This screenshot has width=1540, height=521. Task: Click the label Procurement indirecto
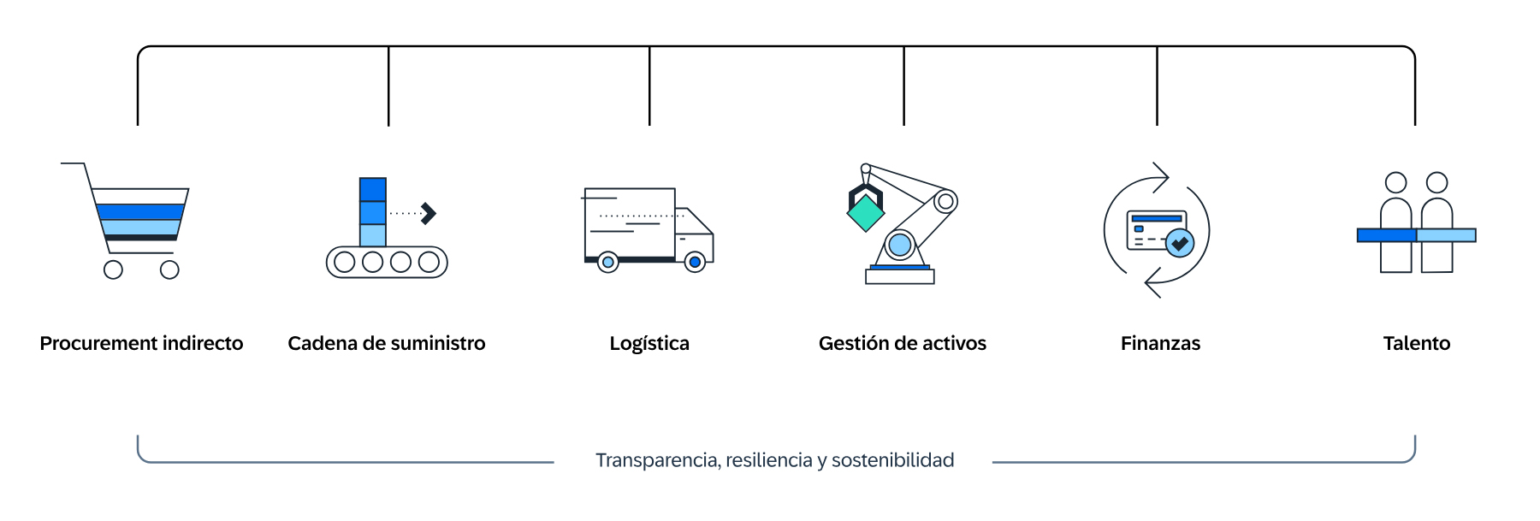(x=141, y=344)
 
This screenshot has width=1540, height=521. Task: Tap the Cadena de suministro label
(x=386, y=344)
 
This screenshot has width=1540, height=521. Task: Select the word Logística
(x=649, y=344)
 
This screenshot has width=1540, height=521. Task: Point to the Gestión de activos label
(x=902, y=344)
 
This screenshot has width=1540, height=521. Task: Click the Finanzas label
(x=1160, y=344)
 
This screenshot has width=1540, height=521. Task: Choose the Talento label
(x=1416, y=344)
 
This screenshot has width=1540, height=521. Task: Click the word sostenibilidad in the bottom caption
(x=892, y=460)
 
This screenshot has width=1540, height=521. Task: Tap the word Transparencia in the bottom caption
(x=657, y=460)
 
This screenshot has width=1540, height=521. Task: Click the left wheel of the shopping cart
(x=113, y=270)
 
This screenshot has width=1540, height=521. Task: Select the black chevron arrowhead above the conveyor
(x=429, y=213)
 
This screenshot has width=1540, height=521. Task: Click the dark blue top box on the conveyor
(x=373, y=189)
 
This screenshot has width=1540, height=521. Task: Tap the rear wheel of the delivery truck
(x=607, y=263)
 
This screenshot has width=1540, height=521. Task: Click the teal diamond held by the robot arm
(x=865, y=213)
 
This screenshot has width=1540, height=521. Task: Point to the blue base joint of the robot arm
(x=899, y=246)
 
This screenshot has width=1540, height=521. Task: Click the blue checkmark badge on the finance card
(x=1180, y=243)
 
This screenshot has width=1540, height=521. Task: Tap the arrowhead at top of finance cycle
(x=1162, y=177)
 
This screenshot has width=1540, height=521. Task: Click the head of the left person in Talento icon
(x=1395, y=182)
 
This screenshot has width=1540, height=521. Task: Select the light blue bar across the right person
(x=1446, y=235)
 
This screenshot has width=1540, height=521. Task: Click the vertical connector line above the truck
(x=649, y=86)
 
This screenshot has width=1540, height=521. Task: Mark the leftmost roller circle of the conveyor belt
(x=345, y=262)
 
